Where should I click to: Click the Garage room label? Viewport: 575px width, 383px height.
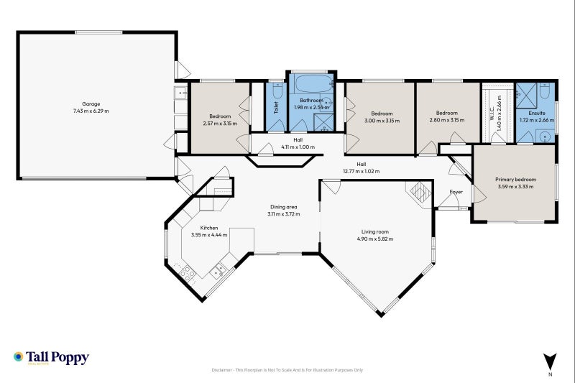pyautogui.click(x=91, y=103)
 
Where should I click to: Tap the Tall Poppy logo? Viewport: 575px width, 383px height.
pyautogui.click(x=50, y=357)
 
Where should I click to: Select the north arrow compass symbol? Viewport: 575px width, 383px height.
pyautogui.click(x=550, y=361)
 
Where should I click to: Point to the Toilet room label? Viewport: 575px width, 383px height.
pyautogui.click(x=276, y=108)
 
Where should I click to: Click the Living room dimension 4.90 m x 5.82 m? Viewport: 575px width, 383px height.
pyautogui.click(x=375, y=239)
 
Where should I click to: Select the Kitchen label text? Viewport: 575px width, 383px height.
pyautogui.click(x=209, y=227)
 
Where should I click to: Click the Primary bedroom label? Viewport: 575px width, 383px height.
pyautogui.click(x=513, y=180)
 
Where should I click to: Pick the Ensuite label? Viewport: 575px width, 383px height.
pyautogui.click(x=536, y=113)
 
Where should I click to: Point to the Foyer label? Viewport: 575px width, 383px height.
pyautogui.click(x=456, y=192)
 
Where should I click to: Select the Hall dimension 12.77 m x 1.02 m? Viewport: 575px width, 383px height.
pyautogui.click(x=362, y=172)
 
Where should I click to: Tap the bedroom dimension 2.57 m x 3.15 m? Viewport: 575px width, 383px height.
pyautogui.click(x=220, y=123)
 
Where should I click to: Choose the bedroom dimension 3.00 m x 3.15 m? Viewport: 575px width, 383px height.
pyautogui.click(x=382, y=120)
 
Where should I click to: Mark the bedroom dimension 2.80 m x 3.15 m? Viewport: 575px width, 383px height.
pyautogui.click(x=447, y=120)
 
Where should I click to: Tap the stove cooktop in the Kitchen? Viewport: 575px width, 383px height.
pyautogui.click(x=188, y=273)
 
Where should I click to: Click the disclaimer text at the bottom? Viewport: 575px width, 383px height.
pyautogui.click(x=287, y=370)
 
